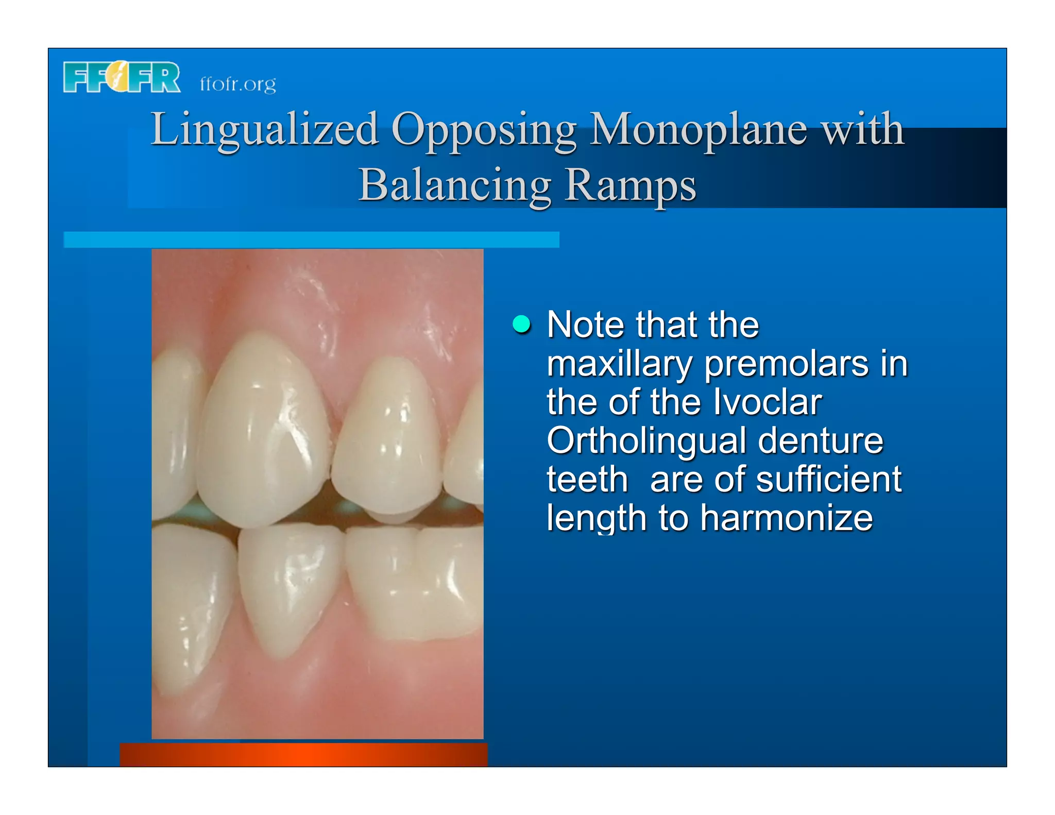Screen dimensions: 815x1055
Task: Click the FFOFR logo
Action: [x=122, y=77]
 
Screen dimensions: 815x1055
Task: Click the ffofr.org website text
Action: [x=237, y=84]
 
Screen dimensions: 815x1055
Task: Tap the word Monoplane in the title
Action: [x=698, y=129]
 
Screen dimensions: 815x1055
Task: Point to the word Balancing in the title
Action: [x=455, y=185]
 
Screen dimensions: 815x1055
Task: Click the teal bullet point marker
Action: [x=522, y=325]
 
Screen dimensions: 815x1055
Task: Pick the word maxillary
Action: [x=620, y=364]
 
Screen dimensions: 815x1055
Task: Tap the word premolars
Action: [x=786, y=364]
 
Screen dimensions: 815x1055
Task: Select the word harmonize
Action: [x=786, y=518]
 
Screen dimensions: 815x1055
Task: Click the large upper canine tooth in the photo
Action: [x=263, y=433]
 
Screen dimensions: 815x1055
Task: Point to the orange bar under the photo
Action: [x=303, y=754]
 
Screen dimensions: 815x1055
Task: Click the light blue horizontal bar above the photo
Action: [x=311, y=240]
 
